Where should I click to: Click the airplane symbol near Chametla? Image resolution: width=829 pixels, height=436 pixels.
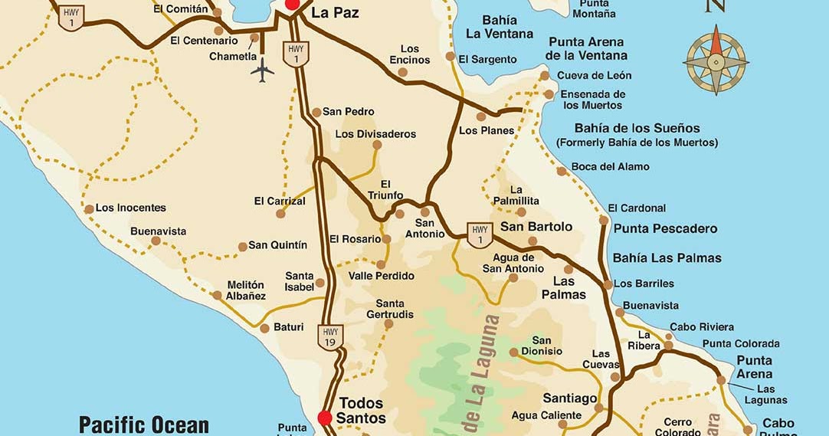(262, 70)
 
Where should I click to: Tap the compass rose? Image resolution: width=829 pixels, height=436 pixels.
(716, 60)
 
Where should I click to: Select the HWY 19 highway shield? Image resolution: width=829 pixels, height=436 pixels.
(330, 336)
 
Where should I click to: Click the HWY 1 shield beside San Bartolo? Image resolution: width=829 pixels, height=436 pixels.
(480, 234)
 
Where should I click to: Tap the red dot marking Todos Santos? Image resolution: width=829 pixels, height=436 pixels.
(325, 418)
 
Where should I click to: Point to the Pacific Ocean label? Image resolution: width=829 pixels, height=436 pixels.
(144, 424)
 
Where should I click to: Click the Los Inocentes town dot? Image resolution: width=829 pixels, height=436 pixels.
(89, 208)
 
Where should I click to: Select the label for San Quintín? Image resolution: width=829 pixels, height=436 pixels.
(278, 245)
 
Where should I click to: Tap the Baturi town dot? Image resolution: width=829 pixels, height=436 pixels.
(264, 328)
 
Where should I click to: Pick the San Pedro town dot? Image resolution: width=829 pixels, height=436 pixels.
(316, 112)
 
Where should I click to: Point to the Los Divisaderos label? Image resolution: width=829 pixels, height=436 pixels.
(375, 134)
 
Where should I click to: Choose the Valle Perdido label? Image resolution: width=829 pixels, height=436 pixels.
(382, 276)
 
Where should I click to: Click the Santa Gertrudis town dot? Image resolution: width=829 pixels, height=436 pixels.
(388, 324)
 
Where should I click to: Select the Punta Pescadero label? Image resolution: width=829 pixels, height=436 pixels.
(665, 228)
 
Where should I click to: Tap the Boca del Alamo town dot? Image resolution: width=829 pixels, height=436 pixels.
(562, 171)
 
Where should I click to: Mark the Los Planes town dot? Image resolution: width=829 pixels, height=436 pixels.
(481, 117)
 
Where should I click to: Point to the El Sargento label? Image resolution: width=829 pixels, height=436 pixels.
(488, 59)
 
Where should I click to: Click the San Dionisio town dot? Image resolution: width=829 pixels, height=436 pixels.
(514, 352)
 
